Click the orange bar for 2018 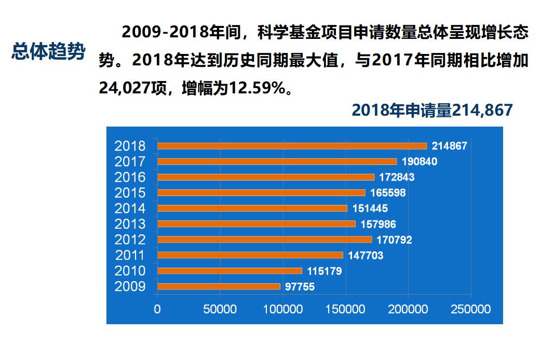[292, 146]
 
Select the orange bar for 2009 [219, 286]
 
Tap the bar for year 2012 [264, 240]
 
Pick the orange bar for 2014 [252, 209]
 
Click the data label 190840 [419, 162]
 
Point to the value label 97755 [300, 287]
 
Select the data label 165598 [388, 193]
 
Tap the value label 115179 [324, 271]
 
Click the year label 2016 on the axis [130, 177]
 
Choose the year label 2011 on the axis [130, 255]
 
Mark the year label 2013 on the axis [130, 224]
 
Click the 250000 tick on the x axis [470, 309]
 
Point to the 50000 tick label [220, 309]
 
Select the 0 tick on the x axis [157, 309]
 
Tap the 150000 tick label [345, 309]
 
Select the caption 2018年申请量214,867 [432, 110]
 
